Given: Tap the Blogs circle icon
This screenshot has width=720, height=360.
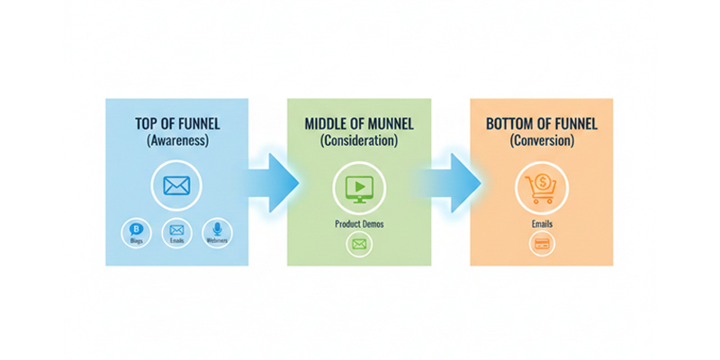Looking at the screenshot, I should pos(137,232).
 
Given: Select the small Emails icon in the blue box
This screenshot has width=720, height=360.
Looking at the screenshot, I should pos(176,232).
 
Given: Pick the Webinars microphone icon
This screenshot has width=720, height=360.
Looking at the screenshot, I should pos(217,232).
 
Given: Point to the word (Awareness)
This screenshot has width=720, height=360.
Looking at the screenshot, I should pos(176,140).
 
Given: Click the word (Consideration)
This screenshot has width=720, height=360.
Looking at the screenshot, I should pos(358,140).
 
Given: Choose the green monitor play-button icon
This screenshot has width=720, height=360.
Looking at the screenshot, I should pos(358,187).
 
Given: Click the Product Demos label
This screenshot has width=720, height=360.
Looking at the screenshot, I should pos(358,223).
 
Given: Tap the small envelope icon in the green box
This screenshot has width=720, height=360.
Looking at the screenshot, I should pos(359,244).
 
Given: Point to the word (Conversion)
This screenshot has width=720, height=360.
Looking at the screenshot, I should pos(541,140).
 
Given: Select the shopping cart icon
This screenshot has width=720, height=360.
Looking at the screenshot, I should pos(541,187).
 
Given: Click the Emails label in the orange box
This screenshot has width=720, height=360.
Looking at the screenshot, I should pos(541,223).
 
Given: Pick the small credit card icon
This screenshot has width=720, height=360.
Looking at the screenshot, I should pos(542,243).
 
